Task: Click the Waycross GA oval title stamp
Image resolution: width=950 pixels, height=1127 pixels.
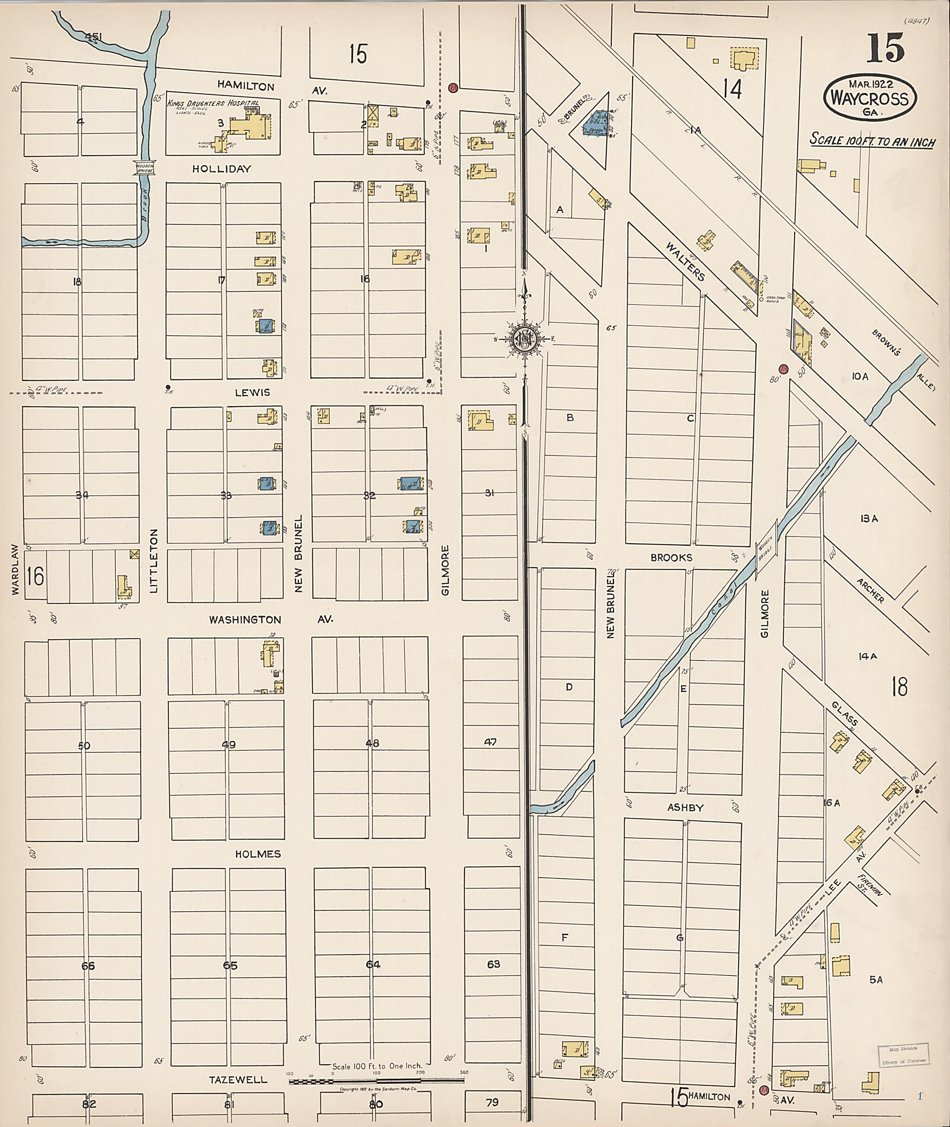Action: [x=869, y=97]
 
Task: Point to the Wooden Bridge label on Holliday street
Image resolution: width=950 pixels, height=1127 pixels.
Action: [x=145, y=168]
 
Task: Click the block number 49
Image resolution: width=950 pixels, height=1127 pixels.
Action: [x=228, y=745]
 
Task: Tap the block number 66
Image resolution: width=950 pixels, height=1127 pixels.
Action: [x=88, y=966]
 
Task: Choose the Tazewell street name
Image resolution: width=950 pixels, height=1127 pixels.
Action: [x=238, y=1080]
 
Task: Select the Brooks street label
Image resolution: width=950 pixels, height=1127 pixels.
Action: [x=671, y=558]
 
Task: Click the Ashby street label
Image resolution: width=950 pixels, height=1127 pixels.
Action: [x=685, y=807]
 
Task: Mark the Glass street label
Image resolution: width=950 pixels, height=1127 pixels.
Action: [x=844, y=713]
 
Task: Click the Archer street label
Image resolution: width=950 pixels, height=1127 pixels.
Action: [x=870, y=590]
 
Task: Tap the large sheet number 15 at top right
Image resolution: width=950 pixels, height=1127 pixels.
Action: [x=885, y=47]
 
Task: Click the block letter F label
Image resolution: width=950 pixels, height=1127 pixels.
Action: [x=565, y=938]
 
